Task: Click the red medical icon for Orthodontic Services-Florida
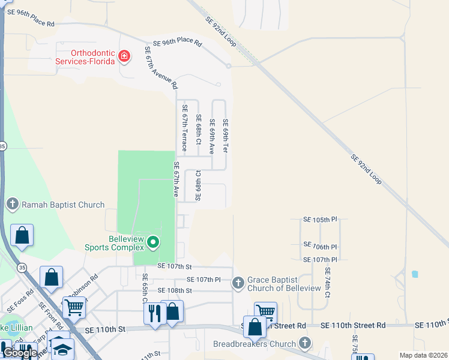(124, 57)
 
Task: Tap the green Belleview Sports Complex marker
(153, 243)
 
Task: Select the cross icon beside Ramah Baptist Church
(13, 205)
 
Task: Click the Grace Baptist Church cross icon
(238, 282)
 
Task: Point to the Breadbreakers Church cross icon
(305, 344)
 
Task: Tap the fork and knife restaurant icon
(155, 313)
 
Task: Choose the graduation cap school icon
(62, 349)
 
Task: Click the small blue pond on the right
(415, 274)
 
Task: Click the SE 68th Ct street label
(198, 124)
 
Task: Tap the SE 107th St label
(174, 266)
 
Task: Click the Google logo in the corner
(20, 353)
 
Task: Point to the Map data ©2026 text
(423, 355)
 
